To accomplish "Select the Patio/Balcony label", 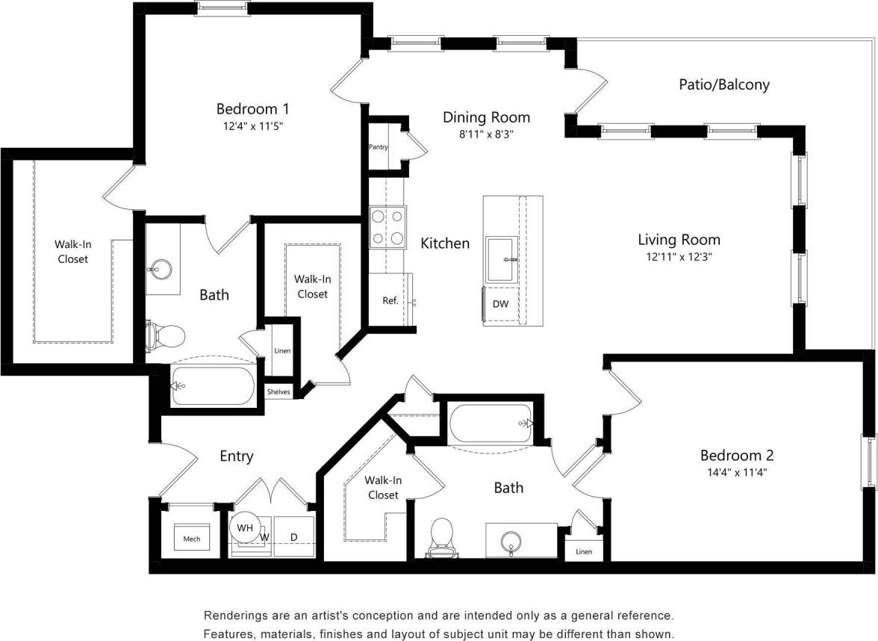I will (x=723, y=84).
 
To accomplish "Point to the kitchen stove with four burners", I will (x=388, y=227).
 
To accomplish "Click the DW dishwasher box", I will (x=500, y=304).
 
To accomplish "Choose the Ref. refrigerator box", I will (x=390, y=300).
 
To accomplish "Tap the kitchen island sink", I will (x=502, y=259).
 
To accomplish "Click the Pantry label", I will (x=379, y=147).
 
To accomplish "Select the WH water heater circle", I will (x=245, y=528).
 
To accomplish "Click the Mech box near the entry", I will (x=192, y=539).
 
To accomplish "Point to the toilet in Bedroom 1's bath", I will (x=166, y=336).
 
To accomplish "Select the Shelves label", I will (x=278, y=392).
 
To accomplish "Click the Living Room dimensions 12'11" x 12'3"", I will (x=679, y=256).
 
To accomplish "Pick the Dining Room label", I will (x=486, y=117).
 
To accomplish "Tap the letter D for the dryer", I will (x=293, y=537).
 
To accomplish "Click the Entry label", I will (x=236, y=456).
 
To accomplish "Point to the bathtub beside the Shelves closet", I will (x=214, y=385).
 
